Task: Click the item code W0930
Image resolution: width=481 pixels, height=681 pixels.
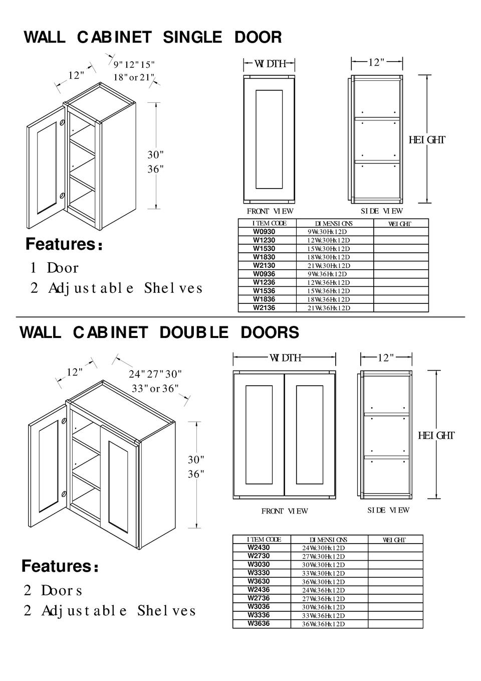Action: click(264, 232)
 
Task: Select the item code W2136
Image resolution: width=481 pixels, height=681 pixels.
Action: click(264, 308)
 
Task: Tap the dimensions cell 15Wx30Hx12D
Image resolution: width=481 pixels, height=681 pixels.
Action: click(328, 249)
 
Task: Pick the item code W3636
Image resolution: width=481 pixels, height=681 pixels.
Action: click(259, 623)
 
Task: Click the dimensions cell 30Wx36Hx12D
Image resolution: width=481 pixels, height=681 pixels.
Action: click(323, 607)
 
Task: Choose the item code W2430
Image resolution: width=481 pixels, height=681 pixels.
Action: click(259, 548)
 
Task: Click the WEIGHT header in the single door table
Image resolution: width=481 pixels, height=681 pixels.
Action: click(399, 224)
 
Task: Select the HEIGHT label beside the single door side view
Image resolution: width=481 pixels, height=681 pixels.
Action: click(426, 140)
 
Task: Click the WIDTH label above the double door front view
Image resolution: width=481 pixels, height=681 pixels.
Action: click(285, 358)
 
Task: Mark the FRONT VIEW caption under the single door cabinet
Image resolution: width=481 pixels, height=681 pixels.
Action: click(270, 211)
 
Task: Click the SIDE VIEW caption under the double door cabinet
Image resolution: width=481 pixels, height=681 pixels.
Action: click(388, 510)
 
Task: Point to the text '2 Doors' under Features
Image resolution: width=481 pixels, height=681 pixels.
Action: click(53, 590)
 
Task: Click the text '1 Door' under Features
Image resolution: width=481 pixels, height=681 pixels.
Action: click(54, 268)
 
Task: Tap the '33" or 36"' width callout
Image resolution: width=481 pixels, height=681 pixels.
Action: click(155, 389)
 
